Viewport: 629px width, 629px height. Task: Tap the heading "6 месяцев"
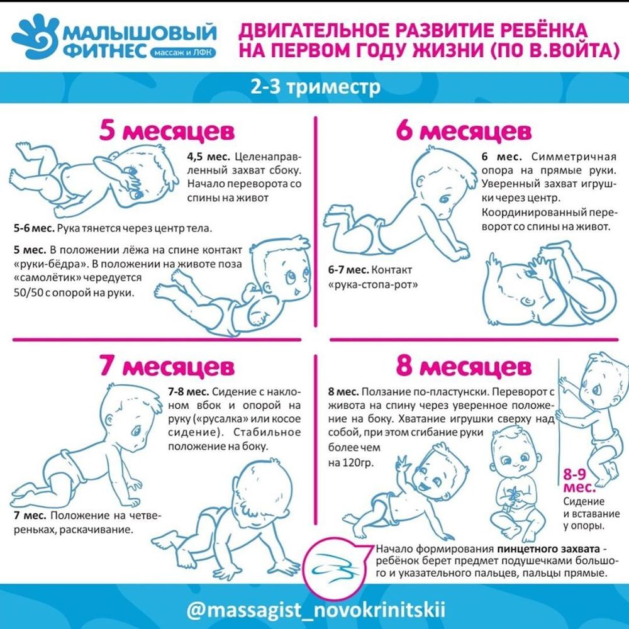[464, 132]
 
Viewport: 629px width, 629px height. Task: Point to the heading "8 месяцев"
[464, 365]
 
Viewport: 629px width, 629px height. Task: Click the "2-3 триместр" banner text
[315, 87]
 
